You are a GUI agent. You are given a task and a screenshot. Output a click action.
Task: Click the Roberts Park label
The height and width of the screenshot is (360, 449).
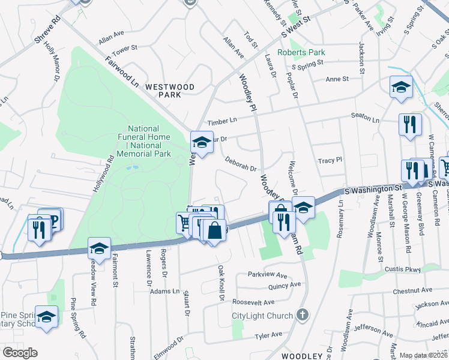305,52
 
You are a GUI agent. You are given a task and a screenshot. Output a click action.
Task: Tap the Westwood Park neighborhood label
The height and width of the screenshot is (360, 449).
170,91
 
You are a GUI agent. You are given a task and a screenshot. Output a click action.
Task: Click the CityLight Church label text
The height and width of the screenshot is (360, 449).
263,316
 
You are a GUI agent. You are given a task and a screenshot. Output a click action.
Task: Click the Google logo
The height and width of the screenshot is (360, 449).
20,353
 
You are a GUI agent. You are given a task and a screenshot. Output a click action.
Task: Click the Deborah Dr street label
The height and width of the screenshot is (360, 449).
241,164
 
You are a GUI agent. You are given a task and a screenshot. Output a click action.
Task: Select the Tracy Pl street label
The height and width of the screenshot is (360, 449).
330,160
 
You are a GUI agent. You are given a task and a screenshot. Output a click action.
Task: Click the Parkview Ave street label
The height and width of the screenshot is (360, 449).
268,275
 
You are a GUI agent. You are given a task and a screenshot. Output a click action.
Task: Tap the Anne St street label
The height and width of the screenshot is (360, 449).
337,79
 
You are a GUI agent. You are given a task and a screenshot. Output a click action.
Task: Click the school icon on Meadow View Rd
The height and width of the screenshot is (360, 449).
99,247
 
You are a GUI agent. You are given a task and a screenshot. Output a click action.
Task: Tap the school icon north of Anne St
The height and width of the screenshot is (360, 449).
400,87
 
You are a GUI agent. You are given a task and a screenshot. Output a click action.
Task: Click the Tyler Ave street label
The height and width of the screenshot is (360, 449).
268,335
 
